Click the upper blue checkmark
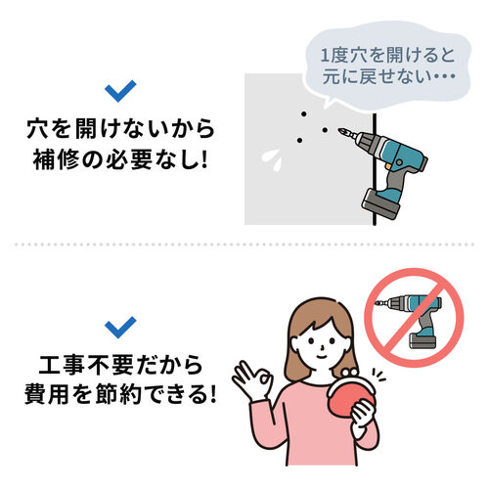tap(121, 92)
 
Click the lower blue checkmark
tap(121, 326)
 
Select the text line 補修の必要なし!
tap(121, 159)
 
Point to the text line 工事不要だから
tap(121, 367)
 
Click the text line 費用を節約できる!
tap(121, 398)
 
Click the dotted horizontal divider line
tap(244, 244)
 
